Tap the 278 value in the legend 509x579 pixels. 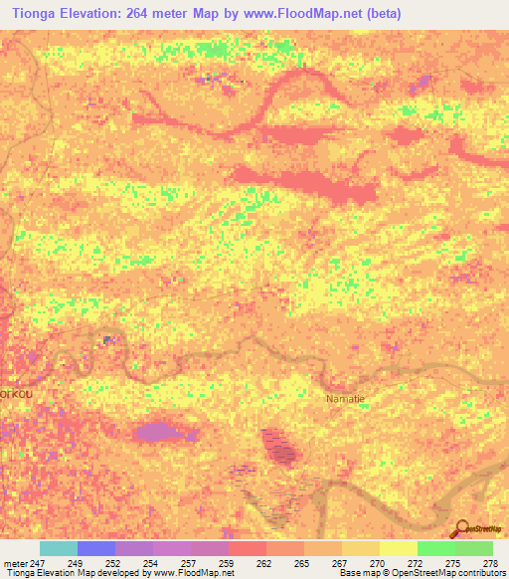[491, 563]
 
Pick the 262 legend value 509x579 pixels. [265, 563]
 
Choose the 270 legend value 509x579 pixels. [379, 563]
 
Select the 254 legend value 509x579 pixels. [152, 563]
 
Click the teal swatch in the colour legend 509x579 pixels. [58, 548]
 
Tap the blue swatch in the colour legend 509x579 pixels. [95, 548]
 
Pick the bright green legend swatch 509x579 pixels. [435, 548]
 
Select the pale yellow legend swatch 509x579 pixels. [398, 548]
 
